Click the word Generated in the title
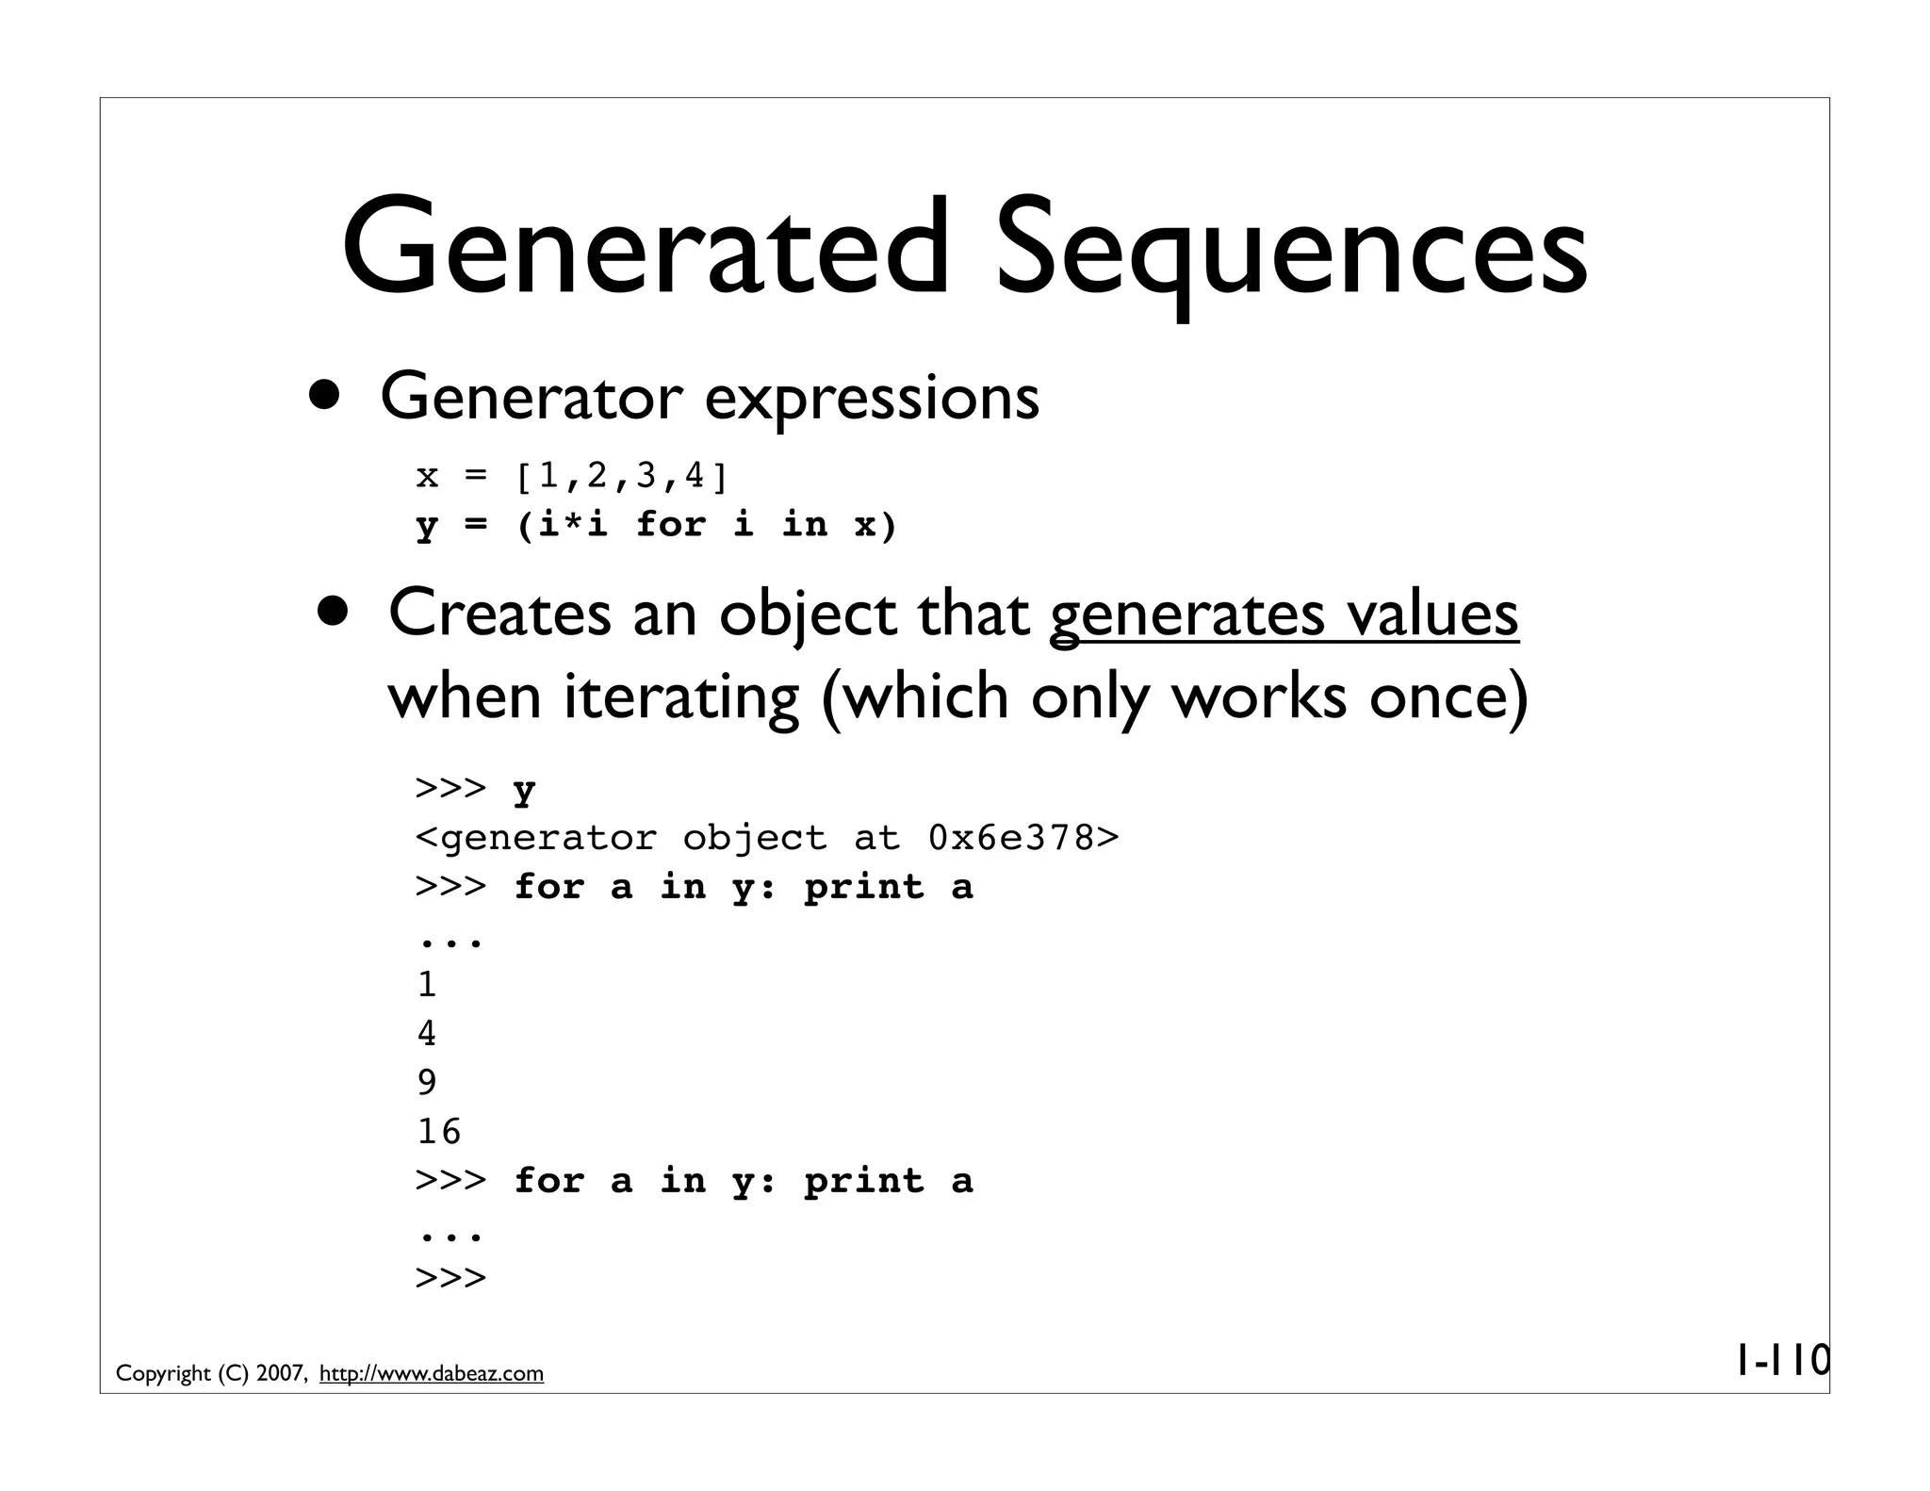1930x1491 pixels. coord(645,247)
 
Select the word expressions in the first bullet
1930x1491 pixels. coord(872,399)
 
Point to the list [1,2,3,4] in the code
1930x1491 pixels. coord(621,476)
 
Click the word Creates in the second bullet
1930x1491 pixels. coord(499,614)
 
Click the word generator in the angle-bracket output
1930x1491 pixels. coord(548,838)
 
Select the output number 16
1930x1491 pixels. coord(439,1131)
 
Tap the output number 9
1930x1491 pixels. coord(427,1082)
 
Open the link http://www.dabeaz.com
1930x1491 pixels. coord(432,1374)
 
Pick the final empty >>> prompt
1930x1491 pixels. coord(450,1278)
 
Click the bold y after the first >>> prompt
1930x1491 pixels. coord(524,790)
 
